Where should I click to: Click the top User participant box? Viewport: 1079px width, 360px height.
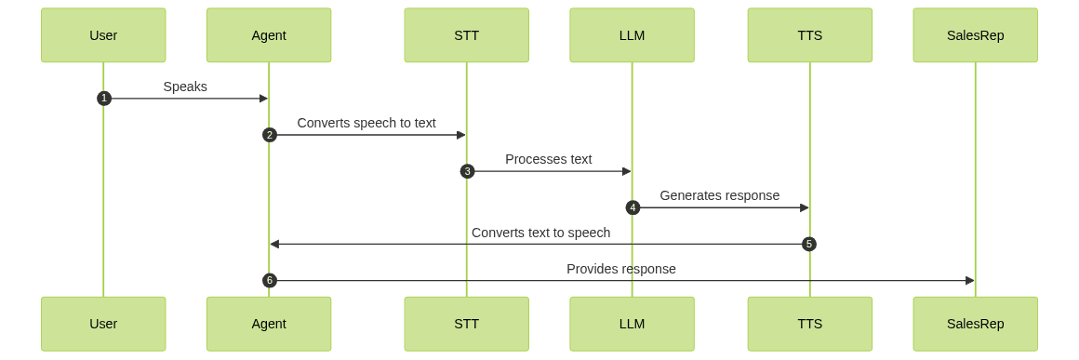tap(103, 35)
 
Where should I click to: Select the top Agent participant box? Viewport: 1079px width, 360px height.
tap(269, 35)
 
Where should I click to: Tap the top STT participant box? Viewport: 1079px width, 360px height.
tap(466, 35)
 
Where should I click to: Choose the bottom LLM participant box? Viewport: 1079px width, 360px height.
tap(632, 324)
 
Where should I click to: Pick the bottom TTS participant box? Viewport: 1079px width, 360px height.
tap(809, 324)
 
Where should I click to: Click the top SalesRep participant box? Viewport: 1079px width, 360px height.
tap(975, 35)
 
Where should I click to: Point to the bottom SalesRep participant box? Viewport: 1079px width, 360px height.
tap(975, 324)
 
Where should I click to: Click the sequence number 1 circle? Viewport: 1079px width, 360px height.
tap(104, 99)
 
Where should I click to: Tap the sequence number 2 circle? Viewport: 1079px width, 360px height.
tap(270, 135)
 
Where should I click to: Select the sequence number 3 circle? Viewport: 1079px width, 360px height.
tap(467, 171)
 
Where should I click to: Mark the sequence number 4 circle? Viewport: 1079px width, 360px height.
tap(633, 207)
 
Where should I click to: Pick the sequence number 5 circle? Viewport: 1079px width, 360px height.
tap(809, 244)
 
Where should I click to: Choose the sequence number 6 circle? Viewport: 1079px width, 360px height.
tap(270, 280)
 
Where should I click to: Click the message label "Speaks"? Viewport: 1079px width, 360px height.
tap(185, 87)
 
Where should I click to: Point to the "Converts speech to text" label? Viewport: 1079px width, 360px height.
tap(366, 123)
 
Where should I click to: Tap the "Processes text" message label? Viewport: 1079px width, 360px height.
tap(549, 159)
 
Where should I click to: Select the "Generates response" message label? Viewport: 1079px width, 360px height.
tap(720, 195)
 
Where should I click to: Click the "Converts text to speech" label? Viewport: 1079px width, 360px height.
tap(540, 233)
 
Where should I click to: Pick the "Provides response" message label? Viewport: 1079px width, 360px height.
tap(621, 269)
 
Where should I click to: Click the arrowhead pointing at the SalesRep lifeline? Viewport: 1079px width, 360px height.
tap(970, 280)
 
